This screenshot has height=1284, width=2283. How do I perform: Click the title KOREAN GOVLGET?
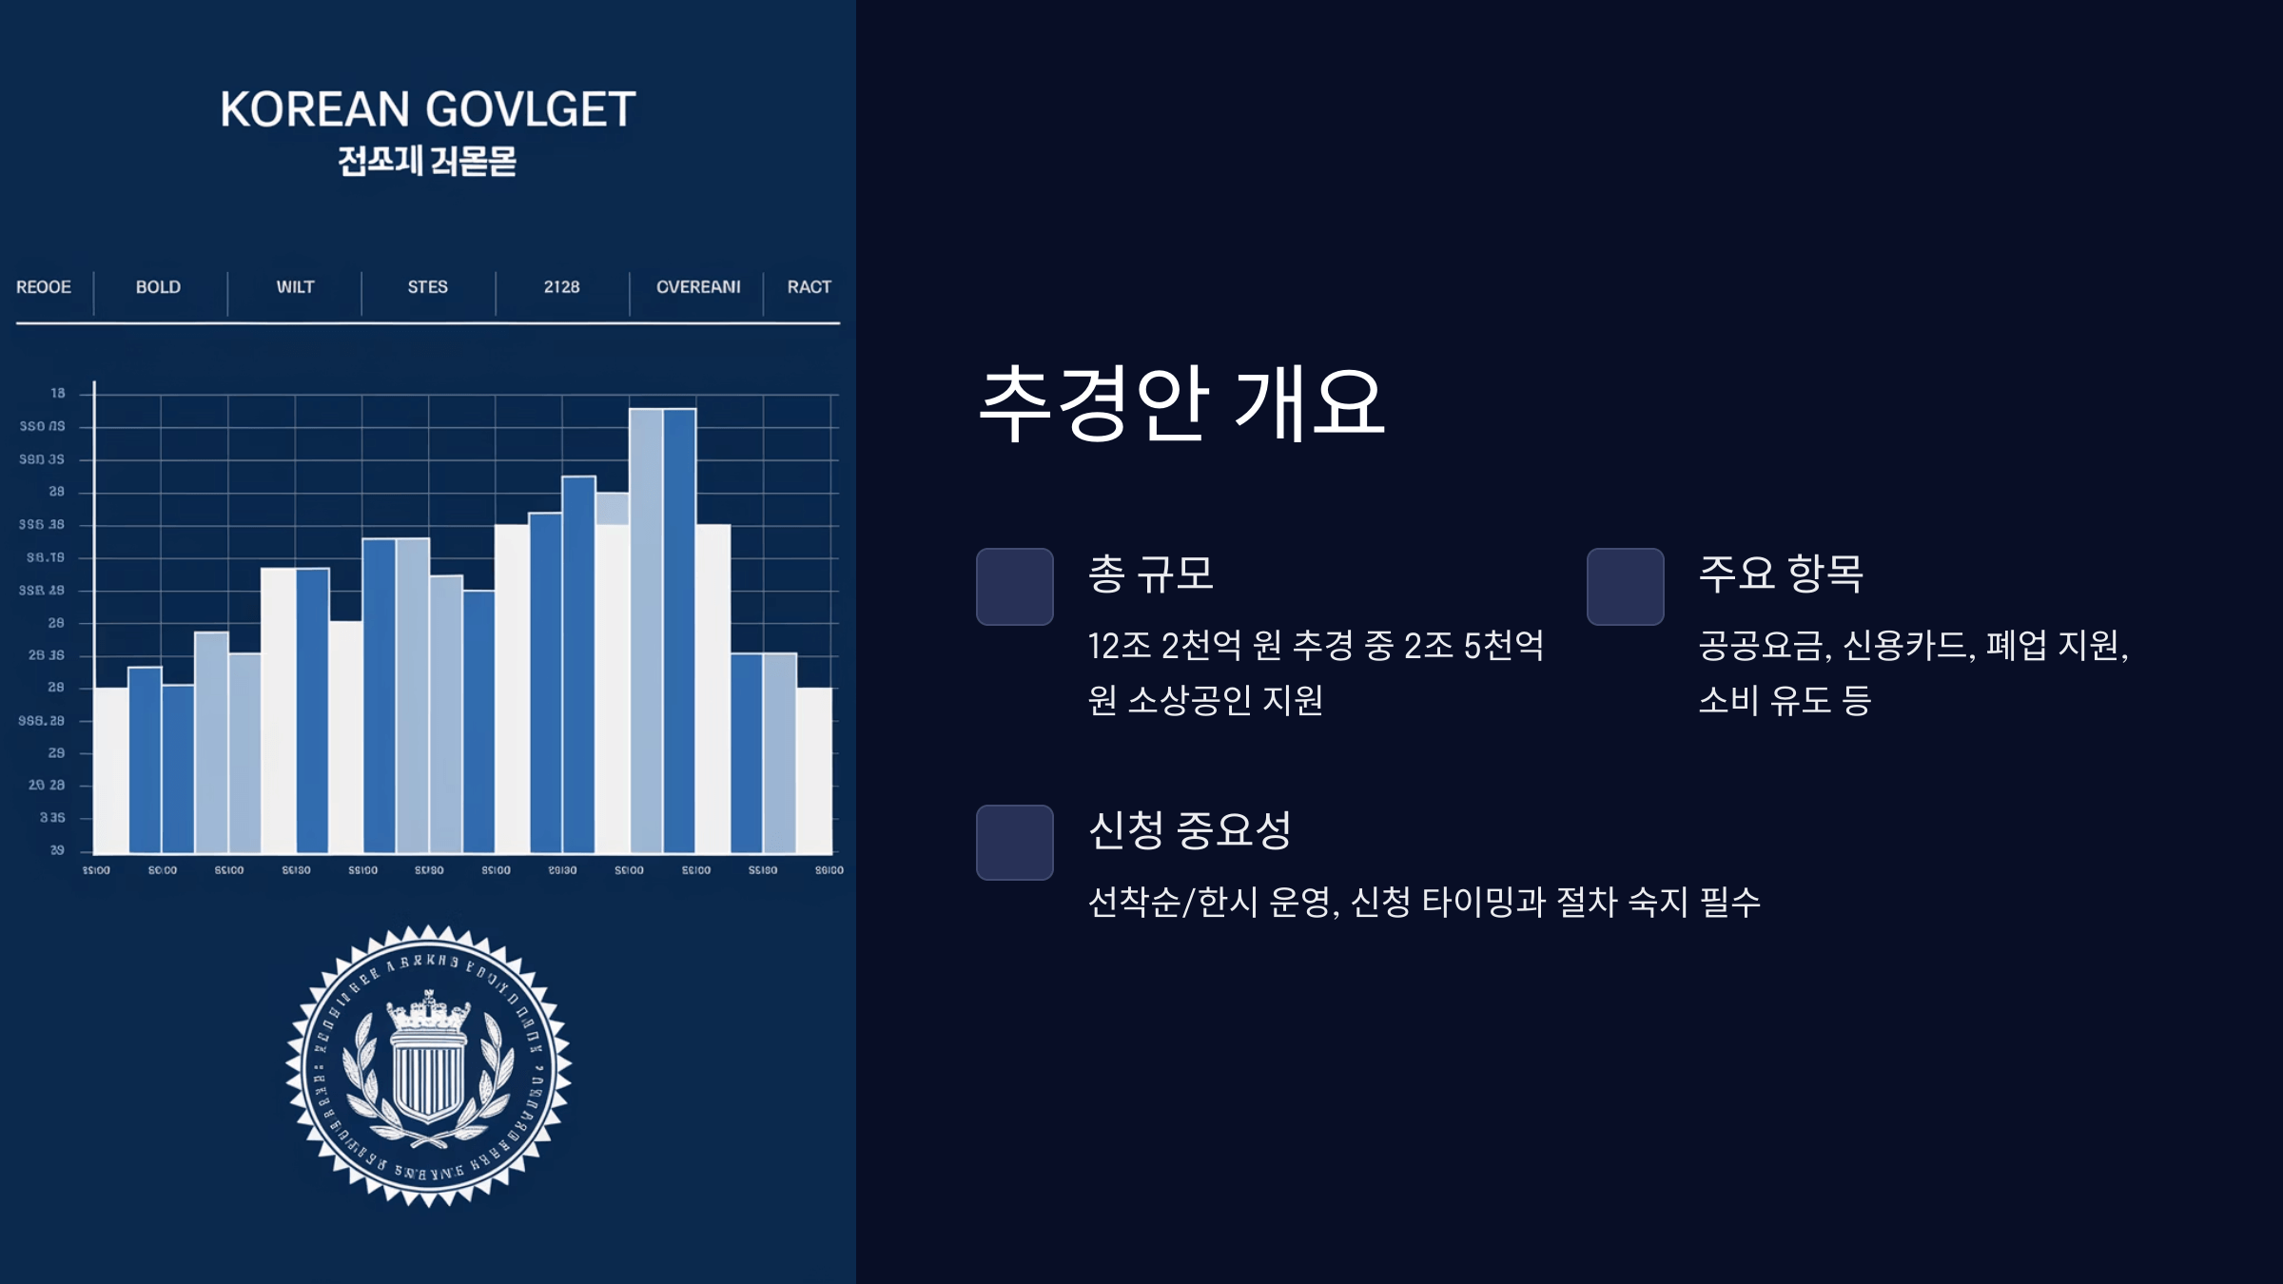pyautogui.click(x=428, y=109)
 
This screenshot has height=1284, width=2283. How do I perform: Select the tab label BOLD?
pyautogui.click(x=158, y=287)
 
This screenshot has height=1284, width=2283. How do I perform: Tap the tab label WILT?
pyautogui.click(x=295, y=287)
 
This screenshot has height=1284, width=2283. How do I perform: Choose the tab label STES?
pyautogui.click(x=427, y=287)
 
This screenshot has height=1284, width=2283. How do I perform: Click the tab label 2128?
pyautogui.click(x=561, y=287)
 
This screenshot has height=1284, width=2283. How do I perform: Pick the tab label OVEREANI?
pyautogui.click(x=698, y=287)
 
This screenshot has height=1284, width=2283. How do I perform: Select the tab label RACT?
pyautogui.click(x=809, y=287)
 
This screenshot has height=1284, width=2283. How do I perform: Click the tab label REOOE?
pyautogui.click(x=44, y=287)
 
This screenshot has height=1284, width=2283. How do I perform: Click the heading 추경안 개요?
pyautogui.click(x=1181, y=404)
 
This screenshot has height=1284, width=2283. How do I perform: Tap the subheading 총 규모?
pyautogui.click(x=1151, y=574)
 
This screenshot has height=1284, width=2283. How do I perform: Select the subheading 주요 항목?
pyautogui.click(x=1781, y=574)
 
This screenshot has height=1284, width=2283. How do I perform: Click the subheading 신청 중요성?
pyautogui.click(x=1189, y=830)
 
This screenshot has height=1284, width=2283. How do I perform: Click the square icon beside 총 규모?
pyautogui.click(x=1015, y=587)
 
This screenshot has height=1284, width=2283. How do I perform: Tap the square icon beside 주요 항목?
pyautogui.click(x=1626, y=587)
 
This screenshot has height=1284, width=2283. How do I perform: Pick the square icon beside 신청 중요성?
pyautogui.click(x=1015, y=843)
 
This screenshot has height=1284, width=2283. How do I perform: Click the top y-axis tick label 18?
pyautogui.click(x=58, y=393)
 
